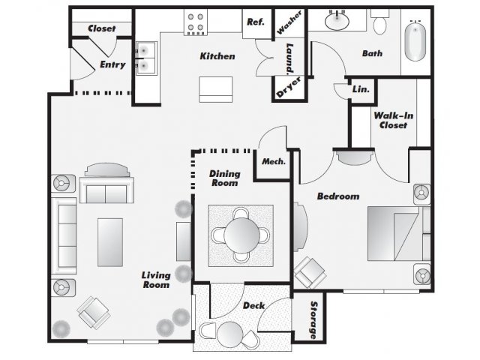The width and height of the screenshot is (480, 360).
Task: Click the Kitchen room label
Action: coord(217,56)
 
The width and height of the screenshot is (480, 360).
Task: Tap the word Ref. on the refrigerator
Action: coord(255,22)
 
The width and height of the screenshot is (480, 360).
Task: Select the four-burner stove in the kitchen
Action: coord(196,22)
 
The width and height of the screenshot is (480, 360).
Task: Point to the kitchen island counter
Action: coord(215,89)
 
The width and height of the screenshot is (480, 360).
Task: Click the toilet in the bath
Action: coord(380,22)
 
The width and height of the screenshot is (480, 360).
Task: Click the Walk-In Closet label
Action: coord(393,120)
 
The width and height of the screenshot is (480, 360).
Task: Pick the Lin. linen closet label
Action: coord(361,89)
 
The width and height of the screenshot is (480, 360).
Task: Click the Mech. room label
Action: coord(274,161)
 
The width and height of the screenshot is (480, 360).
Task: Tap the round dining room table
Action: coord(241,235)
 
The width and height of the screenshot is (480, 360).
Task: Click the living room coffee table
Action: coord(110,242)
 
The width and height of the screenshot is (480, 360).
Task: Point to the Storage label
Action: coord(313,319)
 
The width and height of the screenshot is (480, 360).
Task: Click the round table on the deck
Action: coord(230,334)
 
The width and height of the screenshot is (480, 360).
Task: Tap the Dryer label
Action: coord(289,87)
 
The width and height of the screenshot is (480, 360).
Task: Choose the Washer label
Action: coord(290,22)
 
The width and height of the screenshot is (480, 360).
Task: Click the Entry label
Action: coord(112,64)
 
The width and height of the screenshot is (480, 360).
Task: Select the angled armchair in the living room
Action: coord(93,313)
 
